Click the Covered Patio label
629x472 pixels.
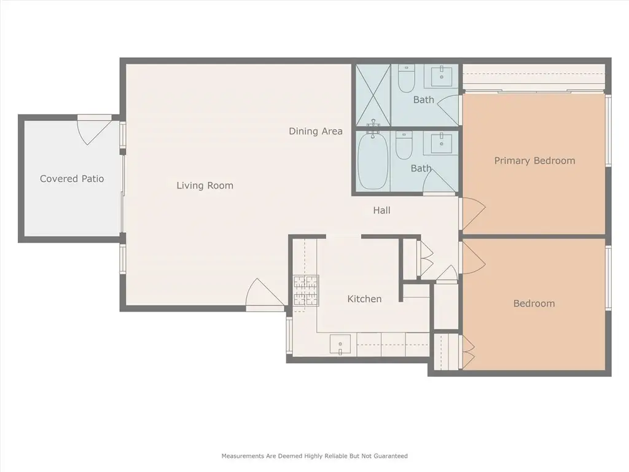point(72,179)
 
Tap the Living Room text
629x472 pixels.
point(205,186)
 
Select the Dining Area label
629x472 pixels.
point(316,132)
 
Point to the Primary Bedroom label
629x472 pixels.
point(535,161)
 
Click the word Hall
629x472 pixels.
point(381,210)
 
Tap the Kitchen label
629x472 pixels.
point(364,299)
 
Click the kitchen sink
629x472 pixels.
point(340,345)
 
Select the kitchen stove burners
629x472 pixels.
point(306,291)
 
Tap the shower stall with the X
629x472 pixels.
point(373,95)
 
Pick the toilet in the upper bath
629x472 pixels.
point(406,79)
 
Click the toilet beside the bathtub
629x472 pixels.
point(404,145)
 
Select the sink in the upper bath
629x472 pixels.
point(442,76)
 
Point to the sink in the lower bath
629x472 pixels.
point(442,143)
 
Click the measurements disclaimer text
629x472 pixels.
point(314,456)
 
